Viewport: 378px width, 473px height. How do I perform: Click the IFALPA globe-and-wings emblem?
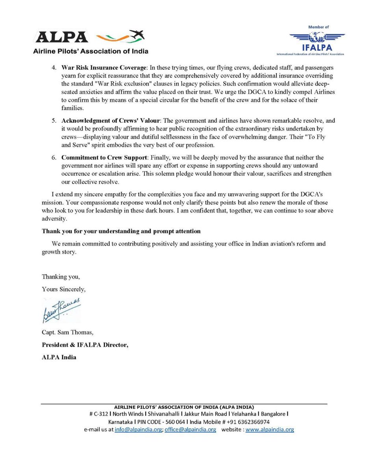click(317, 37)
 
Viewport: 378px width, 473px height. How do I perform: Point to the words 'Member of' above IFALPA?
click(319, 27)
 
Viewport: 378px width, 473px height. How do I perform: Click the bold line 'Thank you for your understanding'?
click(121, 231)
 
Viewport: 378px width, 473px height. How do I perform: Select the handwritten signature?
click(61, 310)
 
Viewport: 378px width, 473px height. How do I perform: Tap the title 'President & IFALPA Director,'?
click(85, 345)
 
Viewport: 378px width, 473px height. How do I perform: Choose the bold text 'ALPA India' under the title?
click(59, 357)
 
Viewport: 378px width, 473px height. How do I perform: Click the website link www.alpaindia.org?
click(269, 430)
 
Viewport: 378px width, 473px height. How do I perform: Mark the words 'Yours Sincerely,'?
click(64, 289)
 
